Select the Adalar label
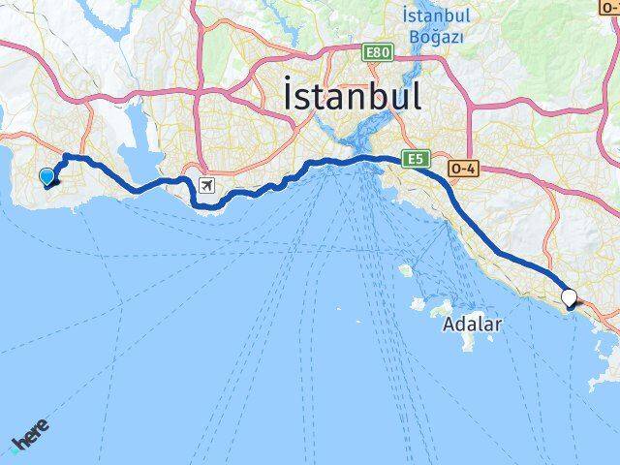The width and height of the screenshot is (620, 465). (x=472, y=325)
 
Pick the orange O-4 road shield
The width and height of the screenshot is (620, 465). (x=462, y=168)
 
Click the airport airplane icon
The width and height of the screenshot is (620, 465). (x=206, y=184)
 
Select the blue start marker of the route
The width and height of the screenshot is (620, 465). (x=46, y=176)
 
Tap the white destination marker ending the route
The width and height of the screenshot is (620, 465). (x=569, y=299)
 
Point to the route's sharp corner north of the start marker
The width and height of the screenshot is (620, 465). (x=64, y=156)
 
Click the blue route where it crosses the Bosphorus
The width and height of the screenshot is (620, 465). (x=372, y=158)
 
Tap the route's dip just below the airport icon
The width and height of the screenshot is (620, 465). (x=202, y=204)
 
